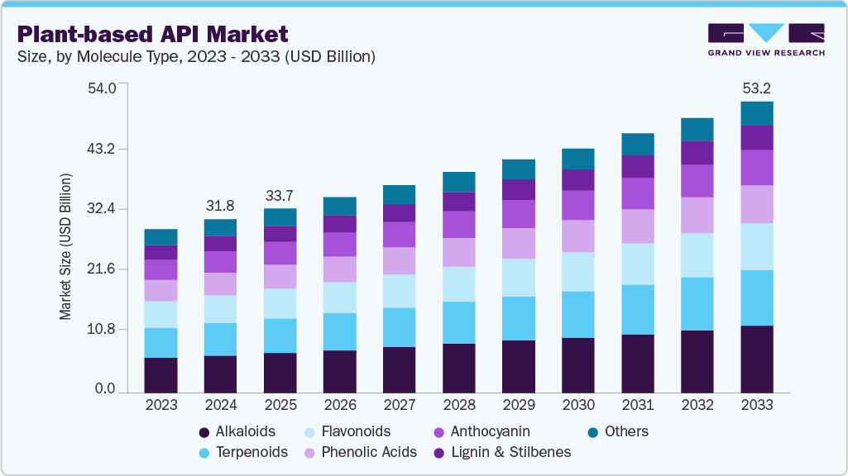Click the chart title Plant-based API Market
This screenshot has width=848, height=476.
tap(152, 34)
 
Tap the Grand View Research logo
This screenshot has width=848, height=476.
tap(765, 39)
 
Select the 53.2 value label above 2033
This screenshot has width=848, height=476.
tap(756, 88)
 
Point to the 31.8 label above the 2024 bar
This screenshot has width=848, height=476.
tap(220, 205)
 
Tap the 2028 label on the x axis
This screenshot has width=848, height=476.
tap(458, 405)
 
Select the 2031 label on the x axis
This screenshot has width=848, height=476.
tap(637, 405)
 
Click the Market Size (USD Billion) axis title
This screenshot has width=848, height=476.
tap(65, 247)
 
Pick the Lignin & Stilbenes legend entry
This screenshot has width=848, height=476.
tap(508, 452)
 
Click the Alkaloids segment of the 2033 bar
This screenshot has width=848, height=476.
tap(756, 359)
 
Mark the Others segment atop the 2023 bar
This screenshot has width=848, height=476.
tap(160, 237)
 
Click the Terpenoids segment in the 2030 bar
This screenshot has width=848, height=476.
tap(577, 314)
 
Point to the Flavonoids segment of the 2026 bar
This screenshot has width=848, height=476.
tap(339, 297)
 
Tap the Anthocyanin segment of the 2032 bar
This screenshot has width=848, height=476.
tap(697, 180)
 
